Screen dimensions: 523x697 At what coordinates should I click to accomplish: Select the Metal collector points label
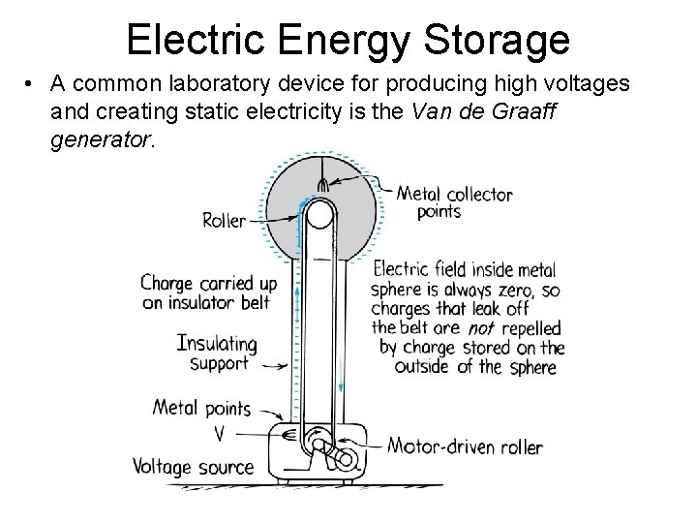click(454, 201)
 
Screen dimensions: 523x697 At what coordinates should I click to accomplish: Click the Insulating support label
click(218, 354)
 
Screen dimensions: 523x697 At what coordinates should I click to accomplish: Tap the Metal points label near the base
click(202, 408)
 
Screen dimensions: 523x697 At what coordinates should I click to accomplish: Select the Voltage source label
click(194, 466)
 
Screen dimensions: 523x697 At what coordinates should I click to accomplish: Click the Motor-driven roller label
click(465, 447)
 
